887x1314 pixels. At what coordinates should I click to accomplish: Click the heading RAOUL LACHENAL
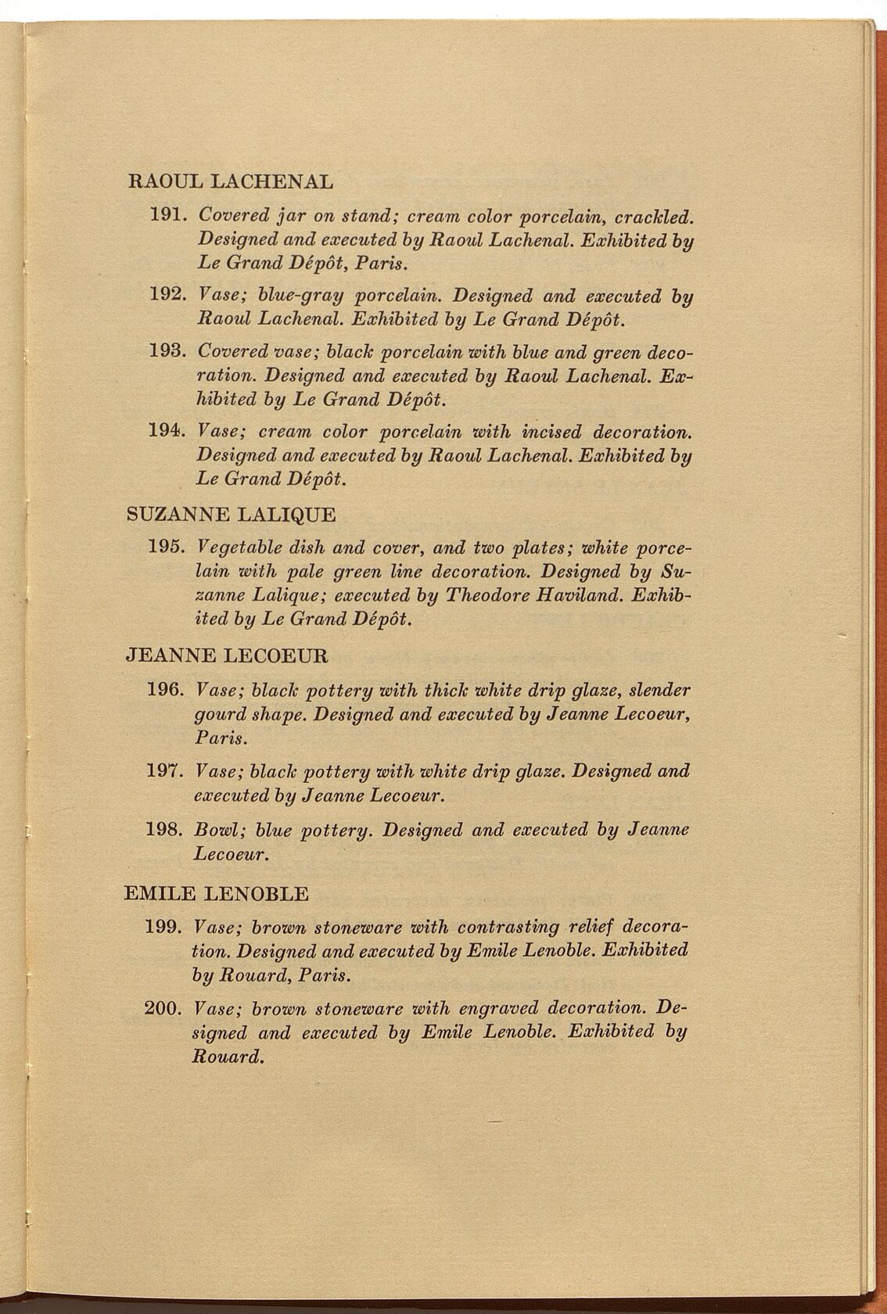(229, 182)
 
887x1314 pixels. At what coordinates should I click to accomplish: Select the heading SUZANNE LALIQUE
(231, 515)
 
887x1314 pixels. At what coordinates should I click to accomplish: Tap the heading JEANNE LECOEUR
(227, 655)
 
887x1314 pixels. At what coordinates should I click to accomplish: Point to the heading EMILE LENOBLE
(217, 893)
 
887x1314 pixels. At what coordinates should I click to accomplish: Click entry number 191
(166, 214)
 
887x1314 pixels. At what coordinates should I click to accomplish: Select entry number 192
(166, 296)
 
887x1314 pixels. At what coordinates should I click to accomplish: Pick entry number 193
(166, 352)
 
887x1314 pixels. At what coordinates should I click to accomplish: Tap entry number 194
(166, 431)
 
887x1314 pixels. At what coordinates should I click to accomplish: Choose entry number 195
(165, 546)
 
